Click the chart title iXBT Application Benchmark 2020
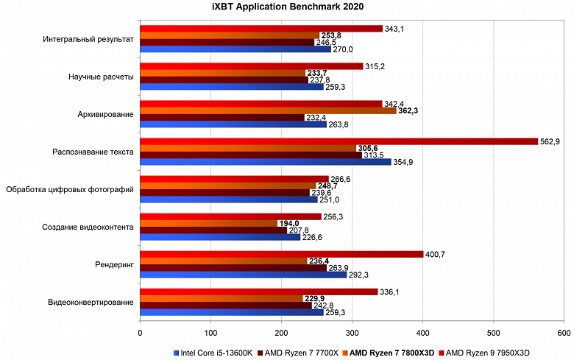point(287,7)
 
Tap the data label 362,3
point(408,110)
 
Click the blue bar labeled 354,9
point(265,162)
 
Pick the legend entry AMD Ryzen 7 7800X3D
point(389,353)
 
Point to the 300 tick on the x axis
point(352,333)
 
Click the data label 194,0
point(288,223)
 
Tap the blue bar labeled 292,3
point(243,275)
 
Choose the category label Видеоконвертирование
point(91,303)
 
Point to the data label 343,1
point(395,29)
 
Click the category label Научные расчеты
point(102,77)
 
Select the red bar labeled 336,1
point(258,292)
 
